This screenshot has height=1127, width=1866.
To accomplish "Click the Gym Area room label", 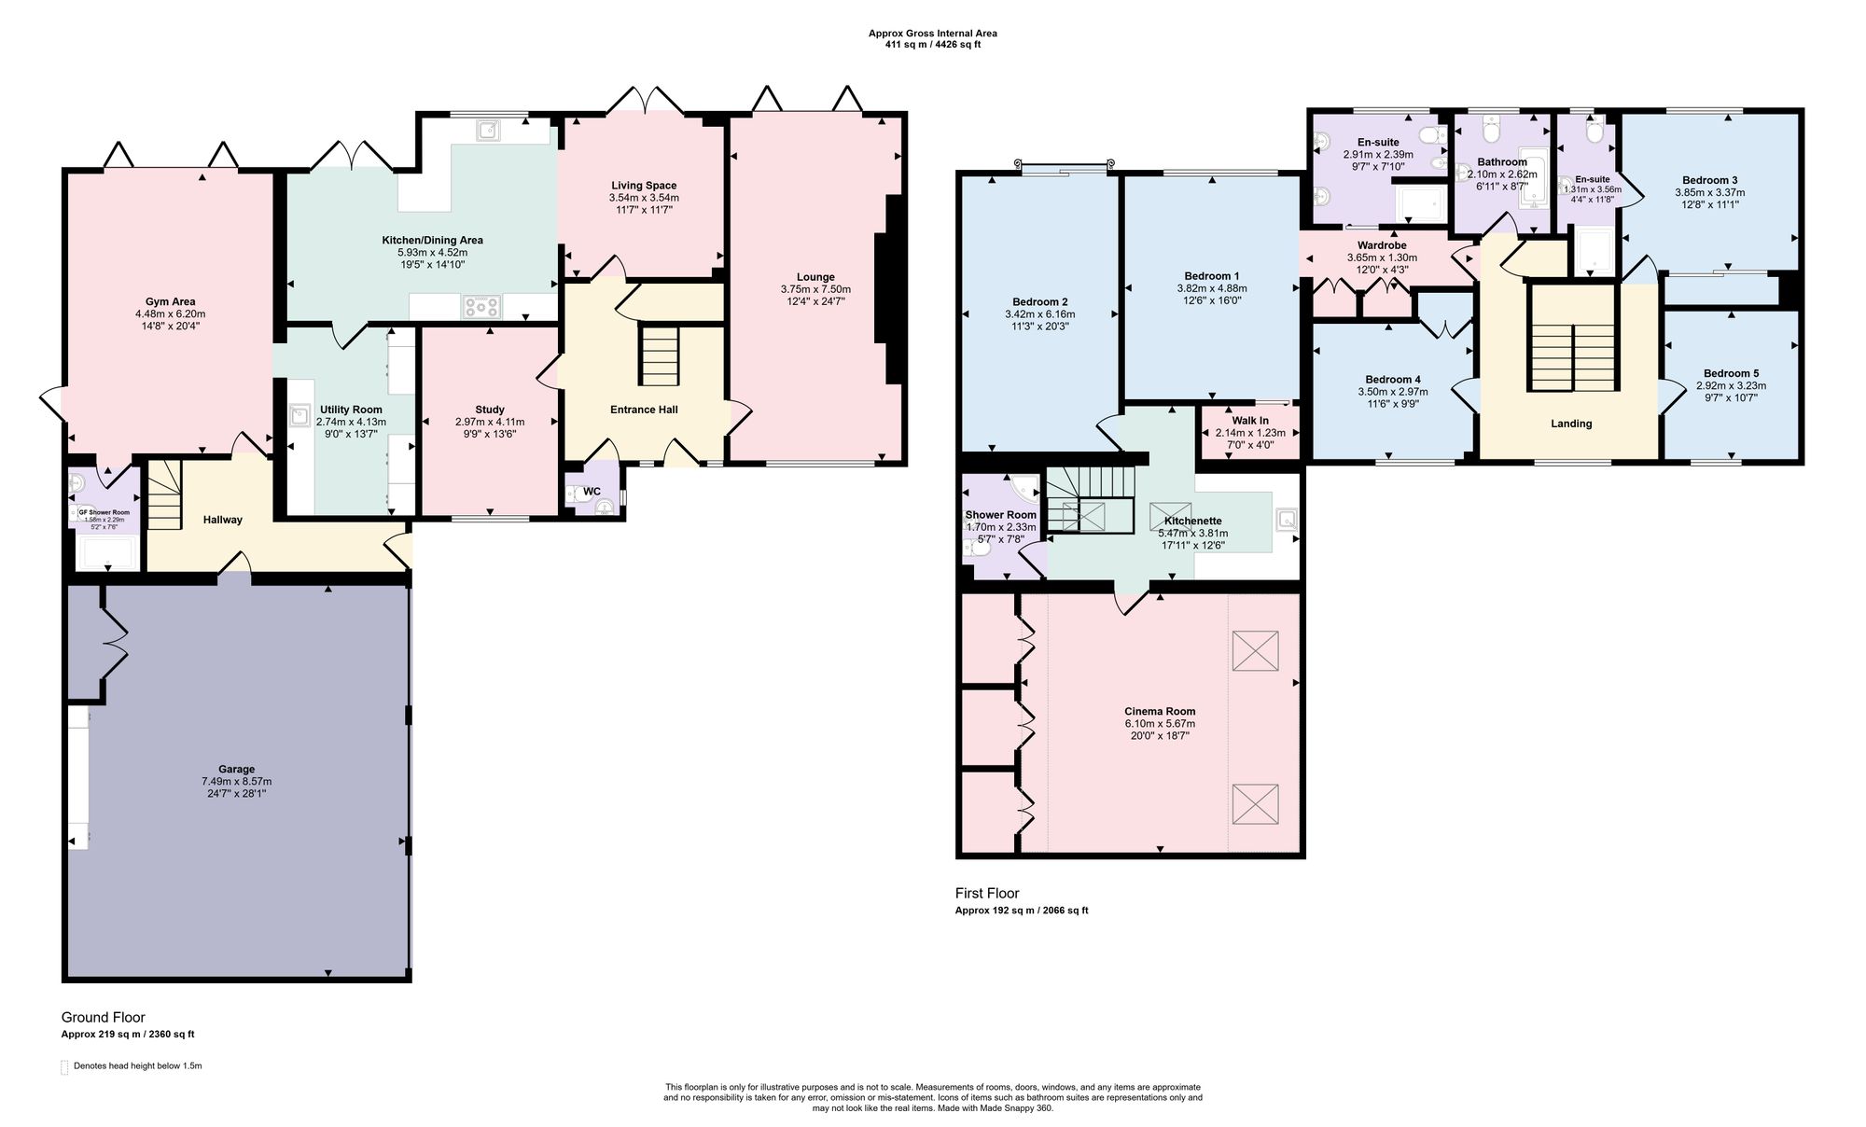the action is (170, 301).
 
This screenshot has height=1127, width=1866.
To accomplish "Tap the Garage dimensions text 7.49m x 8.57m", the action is (237, 782).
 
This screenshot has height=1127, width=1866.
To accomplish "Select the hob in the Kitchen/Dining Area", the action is (482, 306).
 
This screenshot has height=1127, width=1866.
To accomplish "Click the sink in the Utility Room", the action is (299, 415).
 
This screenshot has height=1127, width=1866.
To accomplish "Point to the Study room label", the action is (490, 410).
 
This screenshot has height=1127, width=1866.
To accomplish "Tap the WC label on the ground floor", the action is (592, 492).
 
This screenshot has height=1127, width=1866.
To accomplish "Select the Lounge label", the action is (815, 277).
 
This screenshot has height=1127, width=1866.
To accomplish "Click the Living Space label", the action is (644, 186).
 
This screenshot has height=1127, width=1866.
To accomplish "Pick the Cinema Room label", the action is (1160, 711).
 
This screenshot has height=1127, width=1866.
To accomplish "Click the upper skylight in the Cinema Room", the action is (1255, 651).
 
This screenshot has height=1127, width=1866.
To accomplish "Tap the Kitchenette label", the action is (1193, 521).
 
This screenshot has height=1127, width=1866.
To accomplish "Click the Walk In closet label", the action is (1250, 421).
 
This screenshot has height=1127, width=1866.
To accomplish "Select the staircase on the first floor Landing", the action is (1573, 339).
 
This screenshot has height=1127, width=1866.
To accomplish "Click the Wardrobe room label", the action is (1382, 245).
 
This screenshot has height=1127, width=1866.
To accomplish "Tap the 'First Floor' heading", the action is (987, 893).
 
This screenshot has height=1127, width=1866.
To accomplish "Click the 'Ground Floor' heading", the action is (104, 1017).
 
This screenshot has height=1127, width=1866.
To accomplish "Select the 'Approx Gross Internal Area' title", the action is (933, 34).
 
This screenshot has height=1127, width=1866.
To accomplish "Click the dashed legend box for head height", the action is (64, 1067).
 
